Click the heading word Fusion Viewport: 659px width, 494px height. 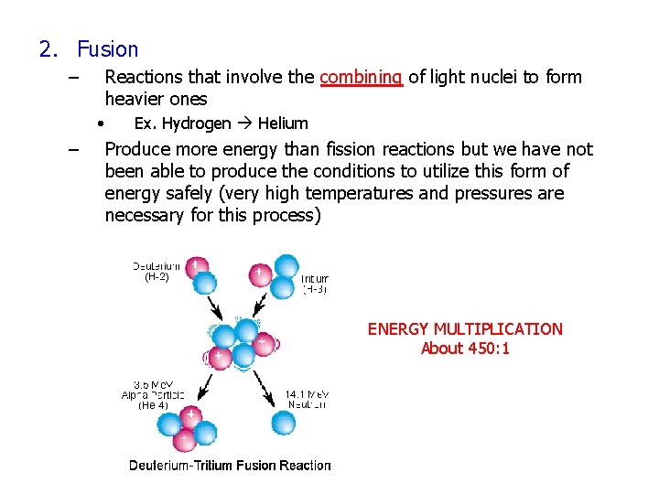(x=107, y=49)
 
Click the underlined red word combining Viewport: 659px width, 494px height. (x=361, y=78)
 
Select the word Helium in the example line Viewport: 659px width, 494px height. (x=283, y=123)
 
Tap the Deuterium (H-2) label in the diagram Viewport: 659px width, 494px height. (x=156, y=271)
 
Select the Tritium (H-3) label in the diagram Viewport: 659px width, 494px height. (x=314, y=284)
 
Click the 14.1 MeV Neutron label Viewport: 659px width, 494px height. (x=307, y=399)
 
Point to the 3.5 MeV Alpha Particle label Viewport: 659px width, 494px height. (x=153, y=394)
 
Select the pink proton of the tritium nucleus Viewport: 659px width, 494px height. (x=260, y=273)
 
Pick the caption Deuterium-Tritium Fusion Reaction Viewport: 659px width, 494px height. (x=230, y=466)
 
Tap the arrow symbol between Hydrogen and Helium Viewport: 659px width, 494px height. (x=244, y=123)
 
